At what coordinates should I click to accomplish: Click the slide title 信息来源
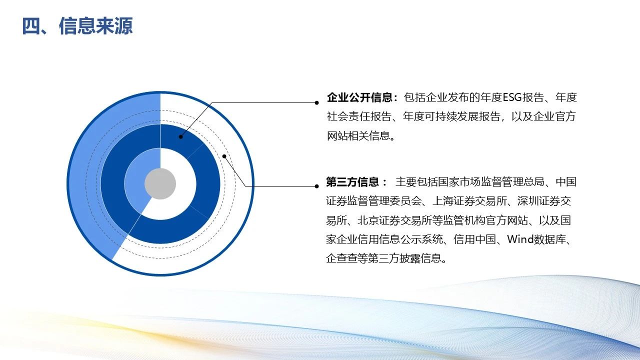95,26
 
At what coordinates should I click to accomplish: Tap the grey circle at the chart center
160,183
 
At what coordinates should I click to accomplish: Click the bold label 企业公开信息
359,97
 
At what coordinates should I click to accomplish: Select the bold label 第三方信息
352,182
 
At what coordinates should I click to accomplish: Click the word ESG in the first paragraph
512,97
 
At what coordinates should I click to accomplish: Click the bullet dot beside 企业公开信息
316,103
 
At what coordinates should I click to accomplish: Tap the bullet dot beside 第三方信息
316,186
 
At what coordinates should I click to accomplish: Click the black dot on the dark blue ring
180,137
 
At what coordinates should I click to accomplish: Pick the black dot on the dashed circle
224,156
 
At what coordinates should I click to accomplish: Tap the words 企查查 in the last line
341,258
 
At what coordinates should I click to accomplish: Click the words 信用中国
474,239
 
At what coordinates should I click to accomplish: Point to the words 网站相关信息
358,135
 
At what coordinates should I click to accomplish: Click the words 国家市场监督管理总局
491,182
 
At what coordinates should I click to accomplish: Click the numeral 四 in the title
31,26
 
